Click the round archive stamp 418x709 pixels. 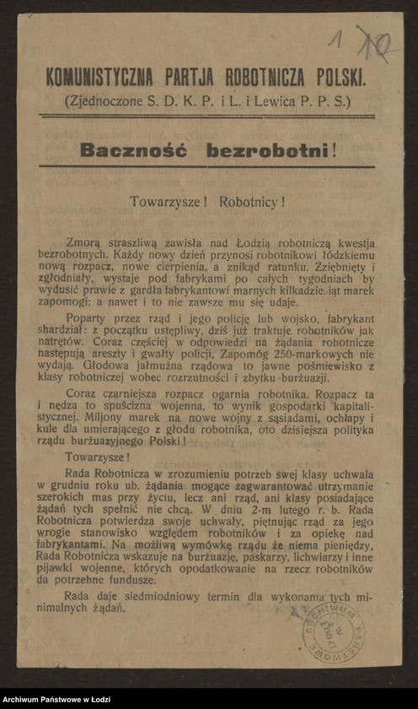(x=333, y=631)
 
